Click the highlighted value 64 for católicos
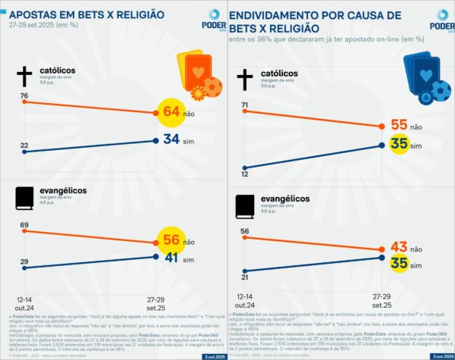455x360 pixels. [x=171, y=113]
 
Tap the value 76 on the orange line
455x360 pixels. [x=25, y=95]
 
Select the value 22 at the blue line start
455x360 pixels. [x=25, y=146]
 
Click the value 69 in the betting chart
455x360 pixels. [x=25, y=226]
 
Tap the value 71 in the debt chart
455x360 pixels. [x=245, y=105]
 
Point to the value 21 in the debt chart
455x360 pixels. [x=245, y=271]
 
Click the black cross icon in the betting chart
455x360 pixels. [x=24, y=75]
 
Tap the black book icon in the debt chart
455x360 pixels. [x=244, y=207]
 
